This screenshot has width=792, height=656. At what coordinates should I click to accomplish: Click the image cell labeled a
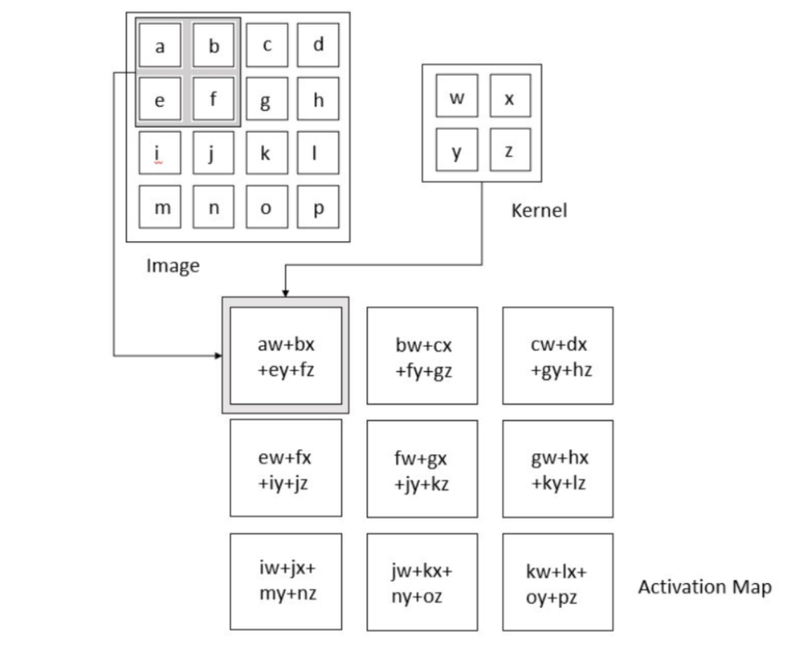pos(159,45)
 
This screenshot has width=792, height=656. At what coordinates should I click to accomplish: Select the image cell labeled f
pos(213,98)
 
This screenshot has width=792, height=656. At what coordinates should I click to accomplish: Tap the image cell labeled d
pos(318,45)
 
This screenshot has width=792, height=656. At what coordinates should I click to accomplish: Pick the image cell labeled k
pos(267,152)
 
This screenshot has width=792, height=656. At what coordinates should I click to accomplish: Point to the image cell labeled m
pos(159,207)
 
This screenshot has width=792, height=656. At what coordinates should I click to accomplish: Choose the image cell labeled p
pos(318,207)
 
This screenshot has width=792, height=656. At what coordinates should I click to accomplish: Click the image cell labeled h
pos(318,98)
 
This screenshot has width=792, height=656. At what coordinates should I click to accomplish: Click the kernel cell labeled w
pos(456,96)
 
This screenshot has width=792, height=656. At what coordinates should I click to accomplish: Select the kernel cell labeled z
pos(510,149)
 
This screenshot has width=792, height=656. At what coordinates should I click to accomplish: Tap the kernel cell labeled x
pos(510,96)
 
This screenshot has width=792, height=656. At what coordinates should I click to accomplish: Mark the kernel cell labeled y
pos(456,149)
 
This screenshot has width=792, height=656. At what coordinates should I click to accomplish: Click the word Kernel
pos(539,210)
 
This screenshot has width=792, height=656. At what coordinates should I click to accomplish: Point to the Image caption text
pos(172,266)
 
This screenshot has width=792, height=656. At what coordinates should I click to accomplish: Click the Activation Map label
pos(705,587)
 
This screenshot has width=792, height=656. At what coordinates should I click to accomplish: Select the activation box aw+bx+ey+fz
pos(286,356)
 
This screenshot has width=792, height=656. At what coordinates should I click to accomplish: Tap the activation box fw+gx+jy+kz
pos(422,469)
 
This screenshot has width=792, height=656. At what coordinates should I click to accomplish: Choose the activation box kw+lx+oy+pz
pos(558,582)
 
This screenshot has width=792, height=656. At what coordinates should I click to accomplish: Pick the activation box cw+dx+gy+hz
pos(558,356)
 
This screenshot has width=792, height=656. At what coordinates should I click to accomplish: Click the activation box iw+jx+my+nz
pos(286,581)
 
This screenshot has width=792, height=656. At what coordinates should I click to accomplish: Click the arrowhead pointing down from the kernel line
pos(285,293)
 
